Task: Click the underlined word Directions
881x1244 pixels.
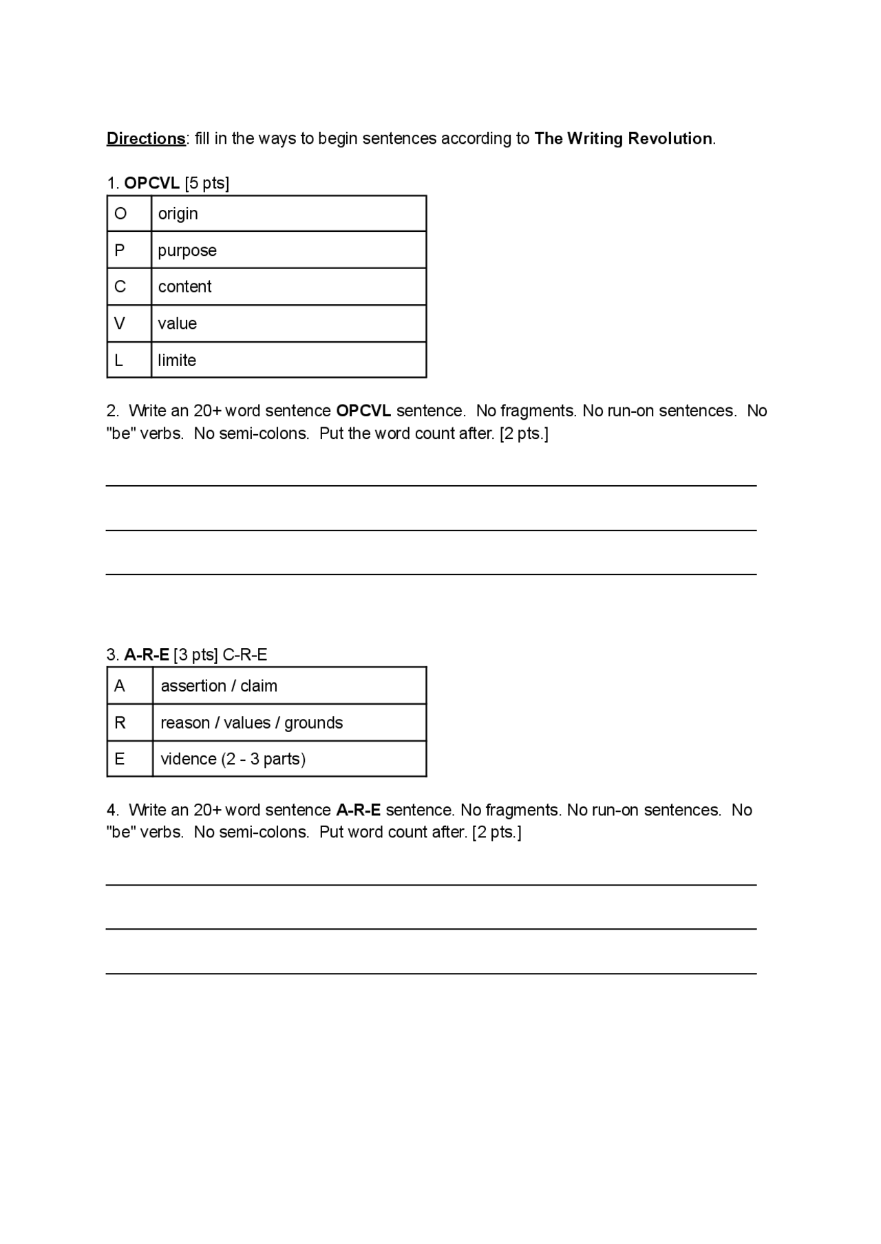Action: point(146,139)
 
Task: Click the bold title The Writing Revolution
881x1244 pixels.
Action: point(623,139)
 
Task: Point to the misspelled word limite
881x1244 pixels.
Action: point(177,361)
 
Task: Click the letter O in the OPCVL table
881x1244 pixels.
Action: point(120,214)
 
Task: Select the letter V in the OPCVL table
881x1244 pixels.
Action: point(120,323)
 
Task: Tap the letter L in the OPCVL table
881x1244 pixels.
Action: point(118,361)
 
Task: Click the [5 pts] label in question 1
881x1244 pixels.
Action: point(207,183)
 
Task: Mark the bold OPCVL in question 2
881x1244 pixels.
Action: point(363,411)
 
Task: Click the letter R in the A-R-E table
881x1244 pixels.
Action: point(120,722)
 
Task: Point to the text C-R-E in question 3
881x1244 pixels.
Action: point(245,655)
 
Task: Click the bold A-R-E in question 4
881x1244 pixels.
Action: point(358,810)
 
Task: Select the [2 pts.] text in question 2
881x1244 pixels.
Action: point(524,433)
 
